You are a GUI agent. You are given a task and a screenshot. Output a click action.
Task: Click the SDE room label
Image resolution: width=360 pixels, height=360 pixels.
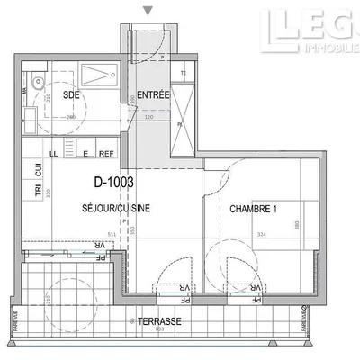click(70, 94)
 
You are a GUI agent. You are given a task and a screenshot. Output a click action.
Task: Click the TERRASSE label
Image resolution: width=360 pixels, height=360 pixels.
click(163, 321)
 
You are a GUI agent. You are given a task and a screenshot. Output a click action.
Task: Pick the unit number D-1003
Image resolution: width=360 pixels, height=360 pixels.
click(114, 182)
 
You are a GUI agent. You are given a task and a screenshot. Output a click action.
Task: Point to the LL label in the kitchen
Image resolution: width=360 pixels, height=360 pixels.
click(55, 154)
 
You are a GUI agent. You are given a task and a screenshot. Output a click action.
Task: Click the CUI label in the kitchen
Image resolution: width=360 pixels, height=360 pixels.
click(39, 168)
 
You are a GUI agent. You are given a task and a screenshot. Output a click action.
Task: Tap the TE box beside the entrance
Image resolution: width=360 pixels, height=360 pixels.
click(184, 73)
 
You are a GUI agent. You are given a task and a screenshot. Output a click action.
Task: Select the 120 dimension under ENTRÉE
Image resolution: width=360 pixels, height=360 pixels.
click(148, 118)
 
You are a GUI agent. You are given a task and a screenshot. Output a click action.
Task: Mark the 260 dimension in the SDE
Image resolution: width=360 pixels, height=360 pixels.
click(70, 118)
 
